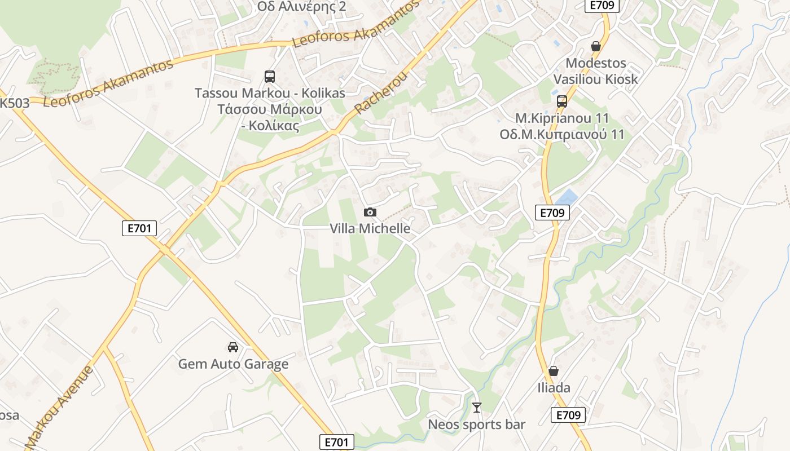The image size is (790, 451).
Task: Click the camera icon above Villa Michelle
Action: click(x=370, y=212)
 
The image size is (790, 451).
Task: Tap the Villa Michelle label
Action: click(x=370, y=228)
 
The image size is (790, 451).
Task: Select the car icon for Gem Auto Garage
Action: click(x=233, y=347)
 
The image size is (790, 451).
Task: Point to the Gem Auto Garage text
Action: click(x=233, y=364)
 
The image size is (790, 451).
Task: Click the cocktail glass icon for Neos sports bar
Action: click(x=477, y=407)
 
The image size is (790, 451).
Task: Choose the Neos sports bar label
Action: click(x=477, y=425)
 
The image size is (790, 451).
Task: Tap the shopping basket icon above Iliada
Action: click(x=554, y=371)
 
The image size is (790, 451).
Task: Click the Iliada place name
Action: click(x=554, y=388)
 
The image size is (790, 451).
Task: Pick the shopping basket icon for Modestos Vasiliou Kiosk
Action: click(x=595, y=46)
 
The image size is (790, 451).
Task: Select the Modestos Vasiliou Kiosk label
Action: click(x=595, y=71)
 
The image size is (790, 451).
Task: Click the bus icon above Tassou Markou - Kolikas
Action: click(x=270, y=76)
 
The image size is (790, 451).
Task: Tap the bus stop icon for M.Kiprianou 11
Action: click(x=561, y=101)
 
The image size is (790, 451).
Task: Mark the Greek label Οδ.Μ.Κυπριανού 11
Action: click(x=561, y=135)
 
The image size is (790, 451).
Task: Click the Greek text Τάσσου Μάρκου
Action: click(x=270, y=109)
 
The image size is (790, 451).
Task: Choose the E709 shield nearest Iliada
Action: click(x=568, y=415)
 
